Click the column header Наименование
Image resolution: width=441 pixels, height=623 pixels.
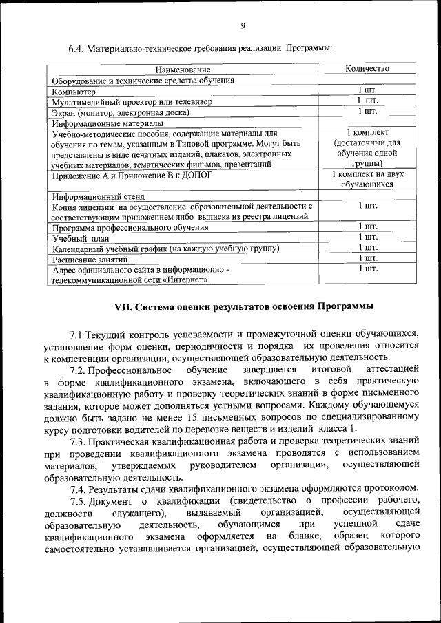tap(183, 70)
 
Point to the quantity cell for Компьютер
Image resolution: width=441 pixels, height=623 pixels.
tap(367, 90)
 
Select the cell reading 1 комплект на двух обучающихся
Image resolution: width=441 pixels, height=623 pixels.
tap(367, 180)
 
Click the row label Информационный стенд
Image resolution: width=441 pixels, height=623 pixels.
tap(95, 196)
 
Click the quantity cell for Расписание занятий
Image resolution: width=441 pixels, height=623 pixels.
tap(367, 258)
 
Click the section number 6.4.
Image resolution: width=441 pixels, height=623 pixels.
tap(75, 48)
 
